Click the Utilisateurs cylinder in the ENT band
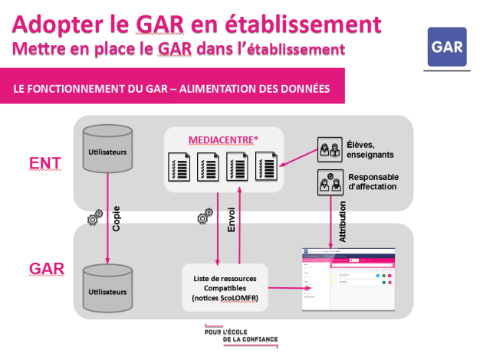[107, 152]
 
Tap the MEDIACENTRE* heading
[223, 139]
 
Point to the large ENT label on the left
[45, 162]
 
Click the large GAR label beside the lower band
[46, 270]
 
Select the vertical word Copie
[116, 219]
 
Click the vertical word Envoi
[232, 219]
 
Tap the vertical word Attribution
[342, 222]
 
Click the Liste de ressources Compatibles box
[225, 287]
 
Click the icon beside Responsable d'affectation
[330, 182]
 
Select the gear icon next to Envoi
[204, 218]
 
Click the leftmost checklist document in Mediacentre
[179, 165]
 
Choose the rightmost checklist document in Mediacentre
[267, 165]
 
